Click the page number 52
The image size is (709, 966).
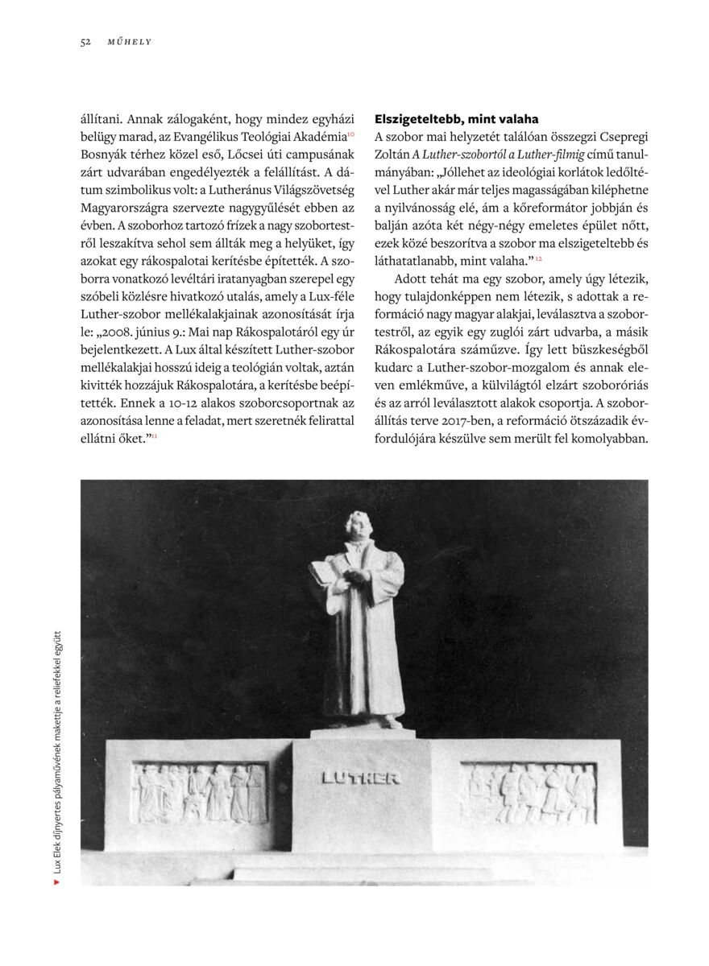tap(85, 42)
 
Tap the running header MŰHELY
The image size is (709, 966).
tap(130, 42)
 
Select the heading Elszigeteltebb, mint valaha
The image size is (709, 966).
tap(457, 119)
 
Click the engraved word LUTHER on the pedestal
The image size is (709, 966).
tap(360, 778)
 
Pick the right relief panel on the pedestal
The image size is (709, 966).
tap(528, 794)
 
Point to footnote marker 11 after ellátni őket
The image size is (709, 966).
tap(154, 436)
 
